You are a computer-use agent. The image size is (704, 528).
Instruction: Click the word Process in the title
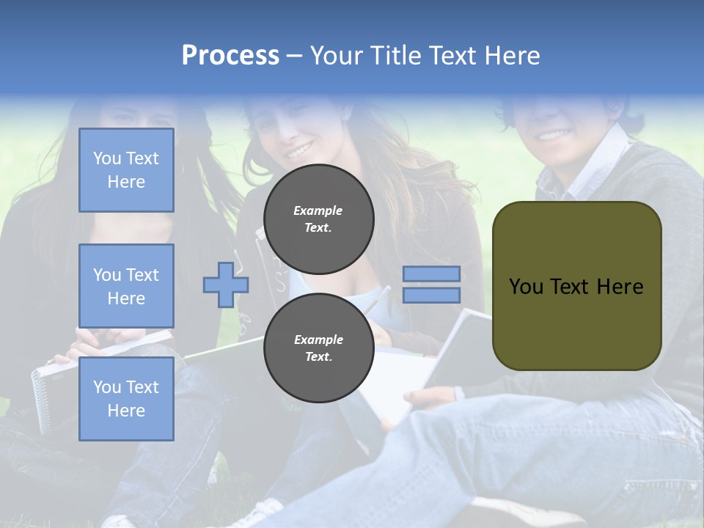coord(230,56)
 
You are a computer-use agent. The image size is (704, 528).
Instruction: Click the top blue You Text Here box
coord(126,170)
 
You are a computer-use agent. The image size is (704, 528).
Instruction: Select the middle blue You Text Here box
coord(126,286)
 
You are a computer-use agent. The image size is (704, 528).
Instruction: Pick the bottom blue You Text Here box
coord(126,399)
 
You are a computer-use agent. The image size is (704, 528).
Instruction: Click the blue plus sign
coord(226,285)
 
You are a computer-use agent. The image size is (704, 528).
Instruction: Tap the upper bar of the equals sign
coord(431,274)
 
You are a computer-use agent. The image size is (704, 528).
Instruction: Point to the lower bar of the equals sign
coord(431,296)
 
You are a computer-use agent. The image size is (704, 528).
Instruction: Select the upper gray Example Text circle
coord(319,219)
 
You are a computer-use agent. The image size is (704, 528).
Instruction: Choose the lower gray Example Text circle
coord(319,348)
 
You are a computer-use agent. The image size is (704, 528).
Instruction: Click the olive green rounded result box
coord(576,286)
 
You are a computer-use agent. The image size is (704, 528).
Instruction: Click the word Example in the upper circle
coord(318,210)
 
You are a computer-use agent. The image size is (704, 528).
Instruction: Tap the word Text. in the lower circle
coord(318,357)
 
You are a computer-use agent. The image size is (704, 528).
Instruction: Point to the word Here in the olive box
coord(620,287)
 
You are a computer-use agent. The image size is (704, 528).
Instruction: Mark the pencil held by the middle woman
coord(375,300)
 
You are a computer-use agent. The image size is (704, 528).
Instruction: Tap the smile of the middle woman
coord(298,152)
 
